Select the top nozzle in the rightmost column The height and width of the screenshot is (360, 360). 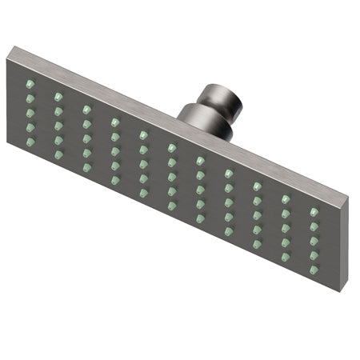[314, 212]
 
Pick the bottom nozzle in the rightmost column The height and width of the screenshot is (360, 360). [314, 270]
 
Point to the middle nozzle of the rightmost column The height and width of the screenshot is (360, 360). [314, 241]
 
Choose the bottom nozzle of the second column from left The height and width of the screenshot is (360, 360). [58, 153]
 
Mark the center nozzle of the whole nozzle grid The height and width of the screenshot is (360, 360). [171, 176]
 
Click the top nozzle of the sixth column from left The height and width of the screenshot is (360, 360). [171, 147]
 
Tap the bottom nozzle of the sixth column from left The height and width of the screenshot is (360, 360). [171, 205]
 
